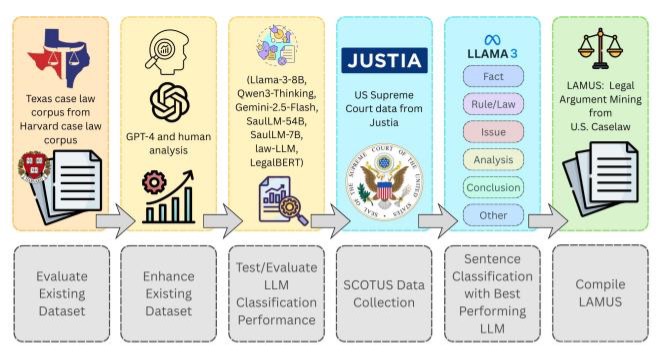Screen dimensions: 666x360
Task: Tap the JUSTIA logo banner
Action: [x=384, y=60]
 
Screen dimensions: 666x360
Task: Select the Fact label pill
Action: [x=493, y=76]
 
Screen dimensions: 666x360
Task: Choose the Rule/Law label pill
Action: [x=493, y=104]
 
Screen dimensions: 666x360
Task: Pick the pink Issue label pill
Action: [x=493, y=132]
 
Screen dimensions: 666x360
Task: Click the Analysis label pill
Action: [x=493, y=160]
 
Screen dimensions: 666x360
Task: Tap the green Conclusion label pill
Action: [x=493, y=187]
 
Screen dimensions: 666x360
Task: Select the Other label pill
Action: [x=493, y=215]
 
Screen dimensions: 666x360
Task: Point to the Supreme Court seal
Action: [x=384, y=181]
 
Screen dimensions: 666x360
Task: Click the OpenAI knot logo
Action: [x=169, y=102]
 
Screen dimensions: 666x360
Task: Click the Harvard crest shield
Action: [x=34, y=166]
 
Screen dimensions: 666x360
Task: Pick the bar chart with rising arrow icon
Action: [x=169, y=197]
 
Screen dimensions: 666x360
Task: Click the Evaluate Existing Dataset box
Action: [x=62, y=293]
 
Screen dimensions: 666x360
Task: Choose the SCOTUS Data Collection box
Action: [x=384, y=293]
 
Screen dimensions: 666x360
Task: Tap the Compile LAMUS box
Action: [x=601, y=293]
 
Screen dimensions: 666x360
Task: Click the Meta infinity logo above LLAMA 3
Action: [x=492, y=40]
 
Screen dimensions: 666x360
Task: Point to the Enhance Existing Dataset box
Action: [x=169, y=293]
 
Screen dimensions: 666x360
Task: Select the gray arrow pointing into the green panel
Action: [x=548, y=221]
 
